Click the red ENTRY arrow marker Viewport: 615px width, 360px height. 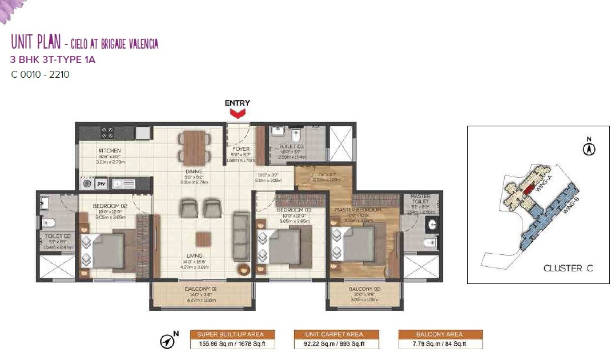click(237, 114)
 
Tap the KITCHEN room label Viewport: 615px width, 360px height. click(109, 151)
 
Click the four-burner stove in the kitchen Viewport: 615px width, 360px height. click(107, 133)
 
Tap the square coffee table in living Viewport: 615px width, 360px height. click(203, 239)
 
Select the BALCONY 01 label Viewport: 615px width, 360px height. click(200, 289)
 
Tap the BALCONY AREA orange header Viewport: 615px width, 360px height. click(440, 334)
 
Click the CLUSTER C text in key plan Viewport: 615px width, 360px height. click(568, 268)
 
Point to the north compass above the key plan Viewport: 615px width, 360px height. click(589, 148)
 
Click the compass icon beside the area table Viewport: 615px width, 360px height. click(168, 341)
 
